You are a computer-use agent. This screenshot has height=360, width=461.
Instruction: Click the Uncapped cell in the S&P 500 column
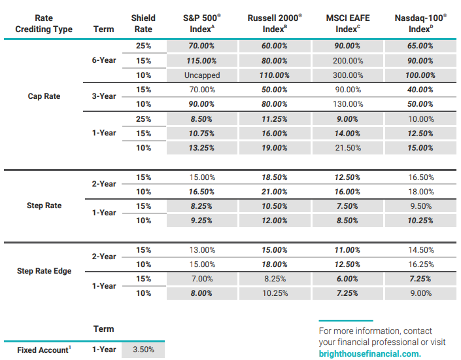(x=202, y=75)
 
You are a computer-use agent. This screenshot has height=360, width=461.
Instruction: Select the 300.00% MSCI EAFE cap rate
(x=348, y=75)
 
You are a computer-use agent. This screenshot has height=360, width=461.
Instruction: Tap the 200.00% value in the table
(x=348, y=61)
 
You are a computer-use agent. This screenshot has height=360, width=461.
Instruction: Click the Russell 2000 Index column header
(x=275, y=24)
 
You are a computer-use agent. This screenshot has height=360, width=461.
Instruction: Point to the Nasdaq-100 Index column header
(x=420, y=24)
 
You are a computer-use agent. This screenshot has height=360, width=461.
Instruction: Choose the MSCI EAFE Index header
(x=348, y=24)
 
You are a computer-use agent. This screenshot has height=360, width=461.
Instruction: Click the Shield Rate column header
(x=143, y=24)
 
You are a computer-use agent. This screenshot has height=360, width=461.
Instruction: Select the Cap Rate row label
(x=44, y=96)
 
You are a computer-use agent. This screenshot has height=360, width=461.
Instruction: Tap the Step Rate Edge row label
(x=44, y=271)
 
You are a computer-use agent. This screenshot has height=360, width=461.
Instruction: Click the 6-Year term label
(x=104, y=60)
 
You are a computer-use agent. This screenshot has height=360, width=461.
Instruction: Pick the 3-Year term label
(x=104, y=96)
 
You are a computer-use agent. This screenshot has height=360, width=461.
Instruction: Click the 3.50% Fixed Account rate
(x=143, y=350)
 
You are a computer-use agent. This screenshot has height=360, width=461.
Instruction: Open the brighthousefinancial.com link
(x=369, y=353)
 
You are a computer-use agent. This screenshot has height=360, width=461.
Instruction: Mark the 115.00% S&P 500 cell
(x=201, y=61)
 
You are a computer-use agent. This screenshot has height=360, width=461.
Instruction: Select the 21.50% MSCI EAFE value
(x=348, y=148)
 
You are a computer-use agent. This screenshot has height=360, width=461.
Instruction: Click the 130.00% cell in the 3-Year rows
(x=348, y=104)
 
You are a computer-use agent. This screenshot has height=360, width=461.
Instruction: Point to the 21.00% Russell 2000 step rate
(x=274, y=192)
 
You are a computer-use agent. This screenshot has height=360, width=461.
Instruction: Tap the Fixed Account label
(x=44, y=350)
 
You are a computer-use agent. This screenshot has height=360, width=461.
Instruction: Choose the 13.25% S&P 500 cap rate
(x=201, y=148)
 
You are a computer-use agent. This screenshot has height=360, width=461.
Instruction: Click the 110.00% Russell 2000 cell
(x=274, y=75)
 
